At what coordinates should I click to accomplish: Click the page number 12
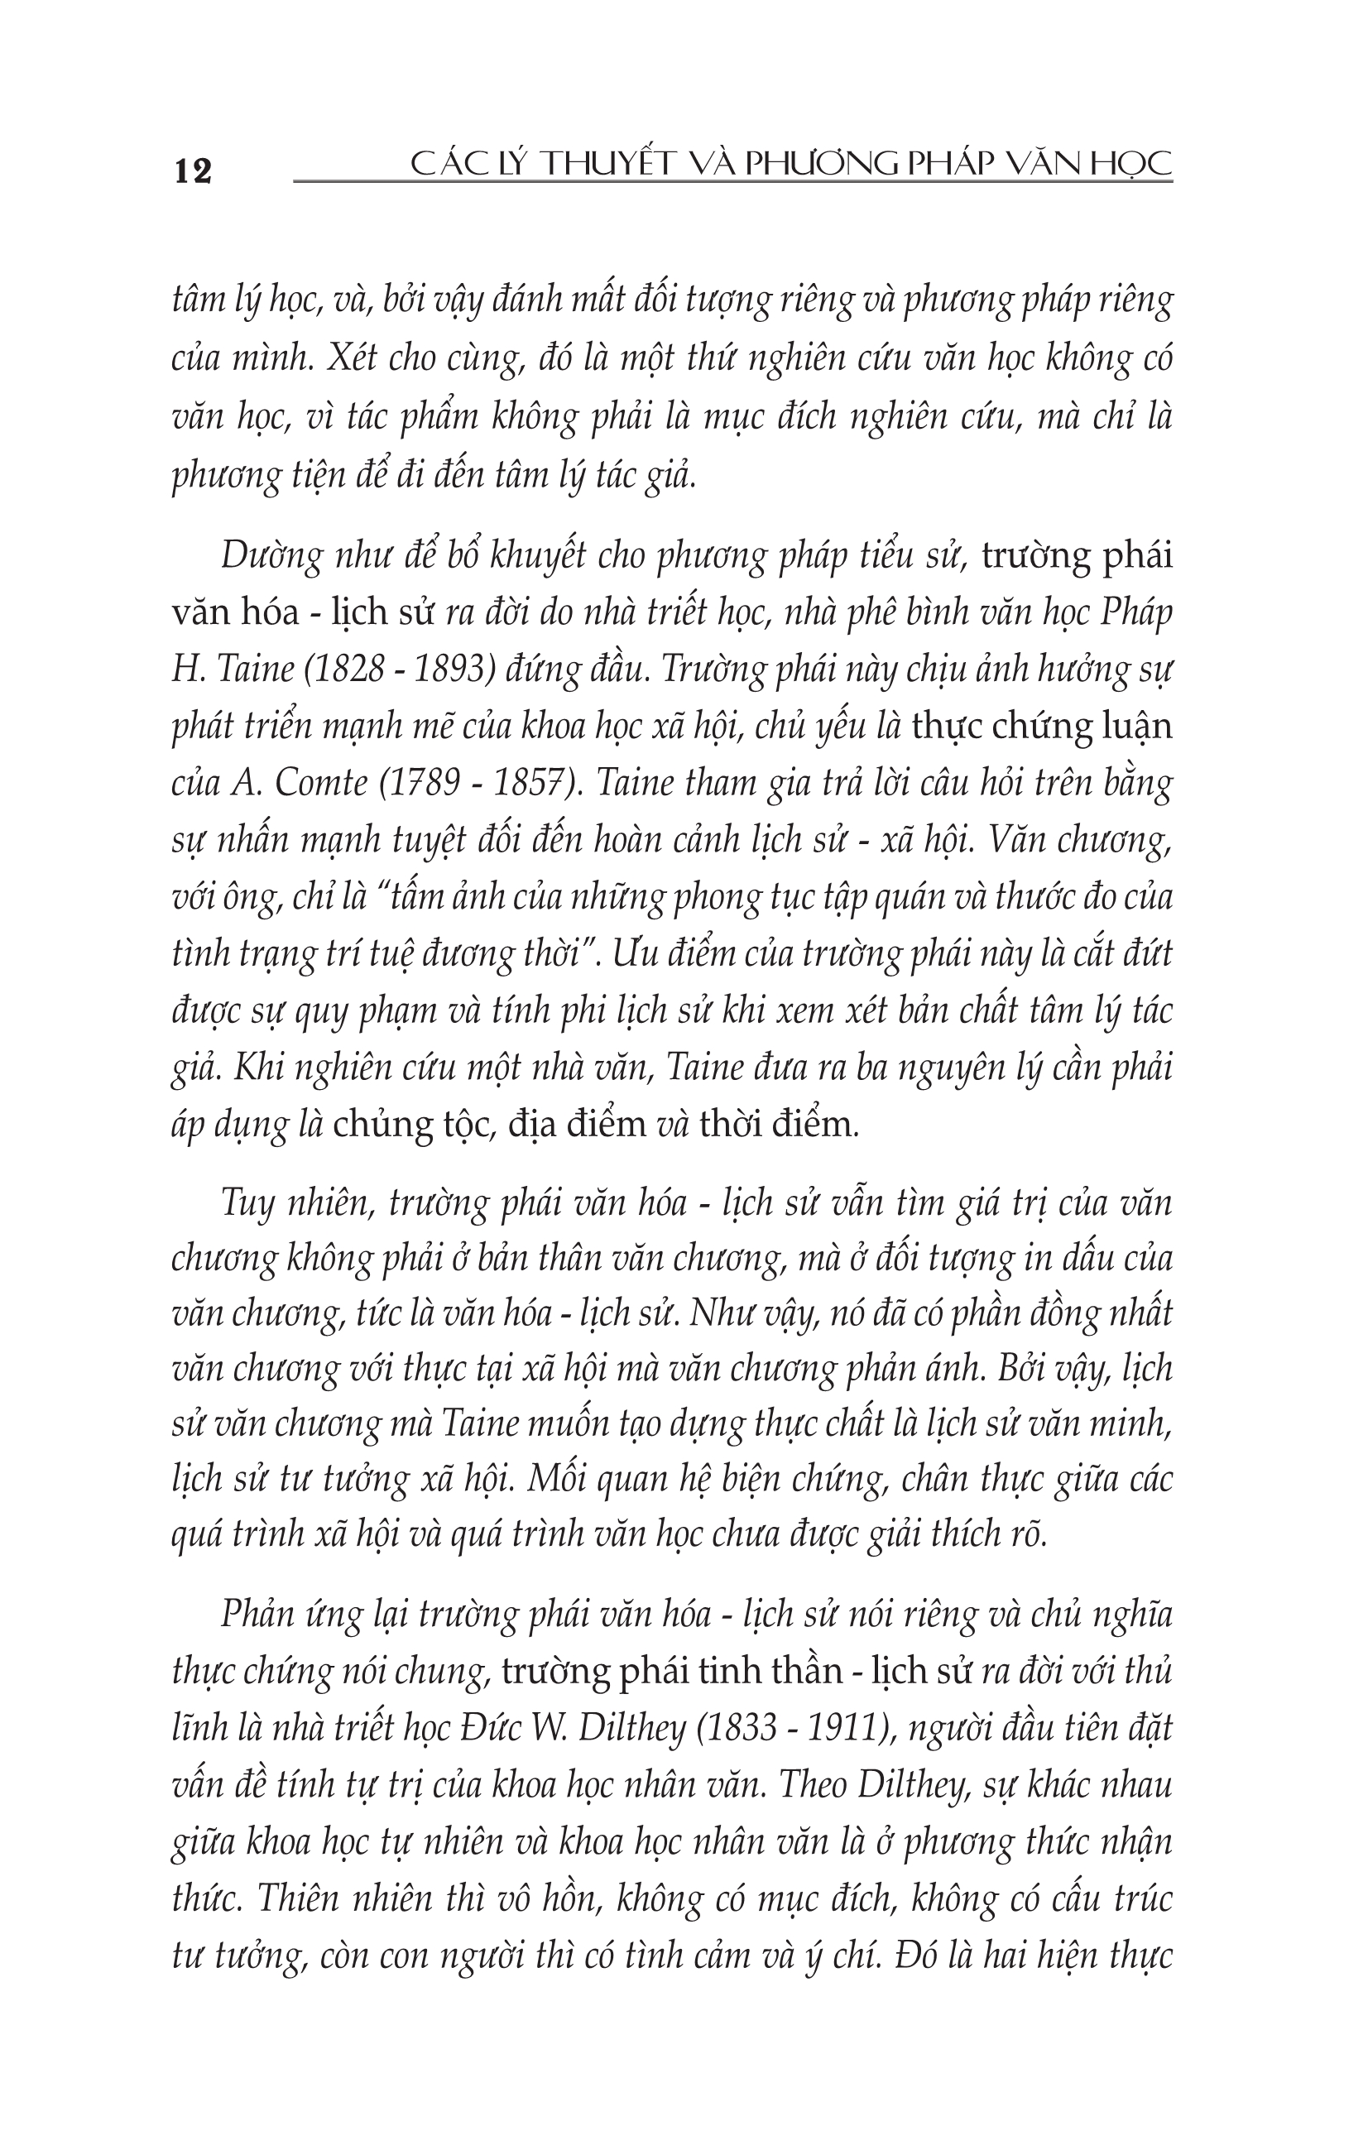193,170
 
